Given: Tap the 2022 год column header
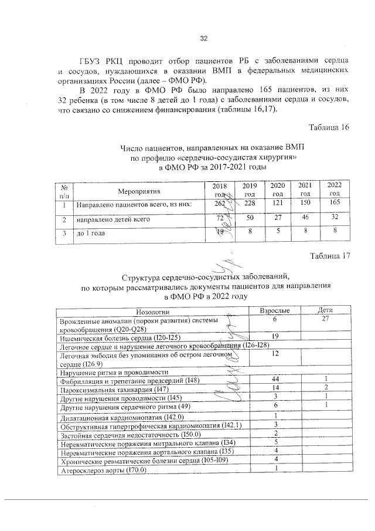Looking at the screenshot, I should point(335,189).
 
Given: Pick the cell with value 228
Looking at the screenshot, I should point(250,204).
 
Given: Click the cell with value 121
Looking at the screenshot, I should point(278,204).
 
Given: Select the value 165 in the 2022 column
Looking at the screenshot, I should point(335,204).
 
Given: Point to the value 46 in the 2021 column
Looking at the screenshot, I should point(305,219).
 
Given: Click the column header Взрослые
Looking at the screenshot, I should point(274,310).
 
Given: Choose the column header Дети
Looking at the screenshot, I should point(325,310).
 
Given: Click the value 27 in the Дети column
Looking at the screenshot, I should point(325,319).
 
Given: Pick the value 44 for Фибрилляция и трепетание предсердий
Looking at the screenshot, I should point(274,380).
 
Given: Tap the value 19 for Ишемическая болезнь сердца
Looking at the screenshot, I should point(274,336).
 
